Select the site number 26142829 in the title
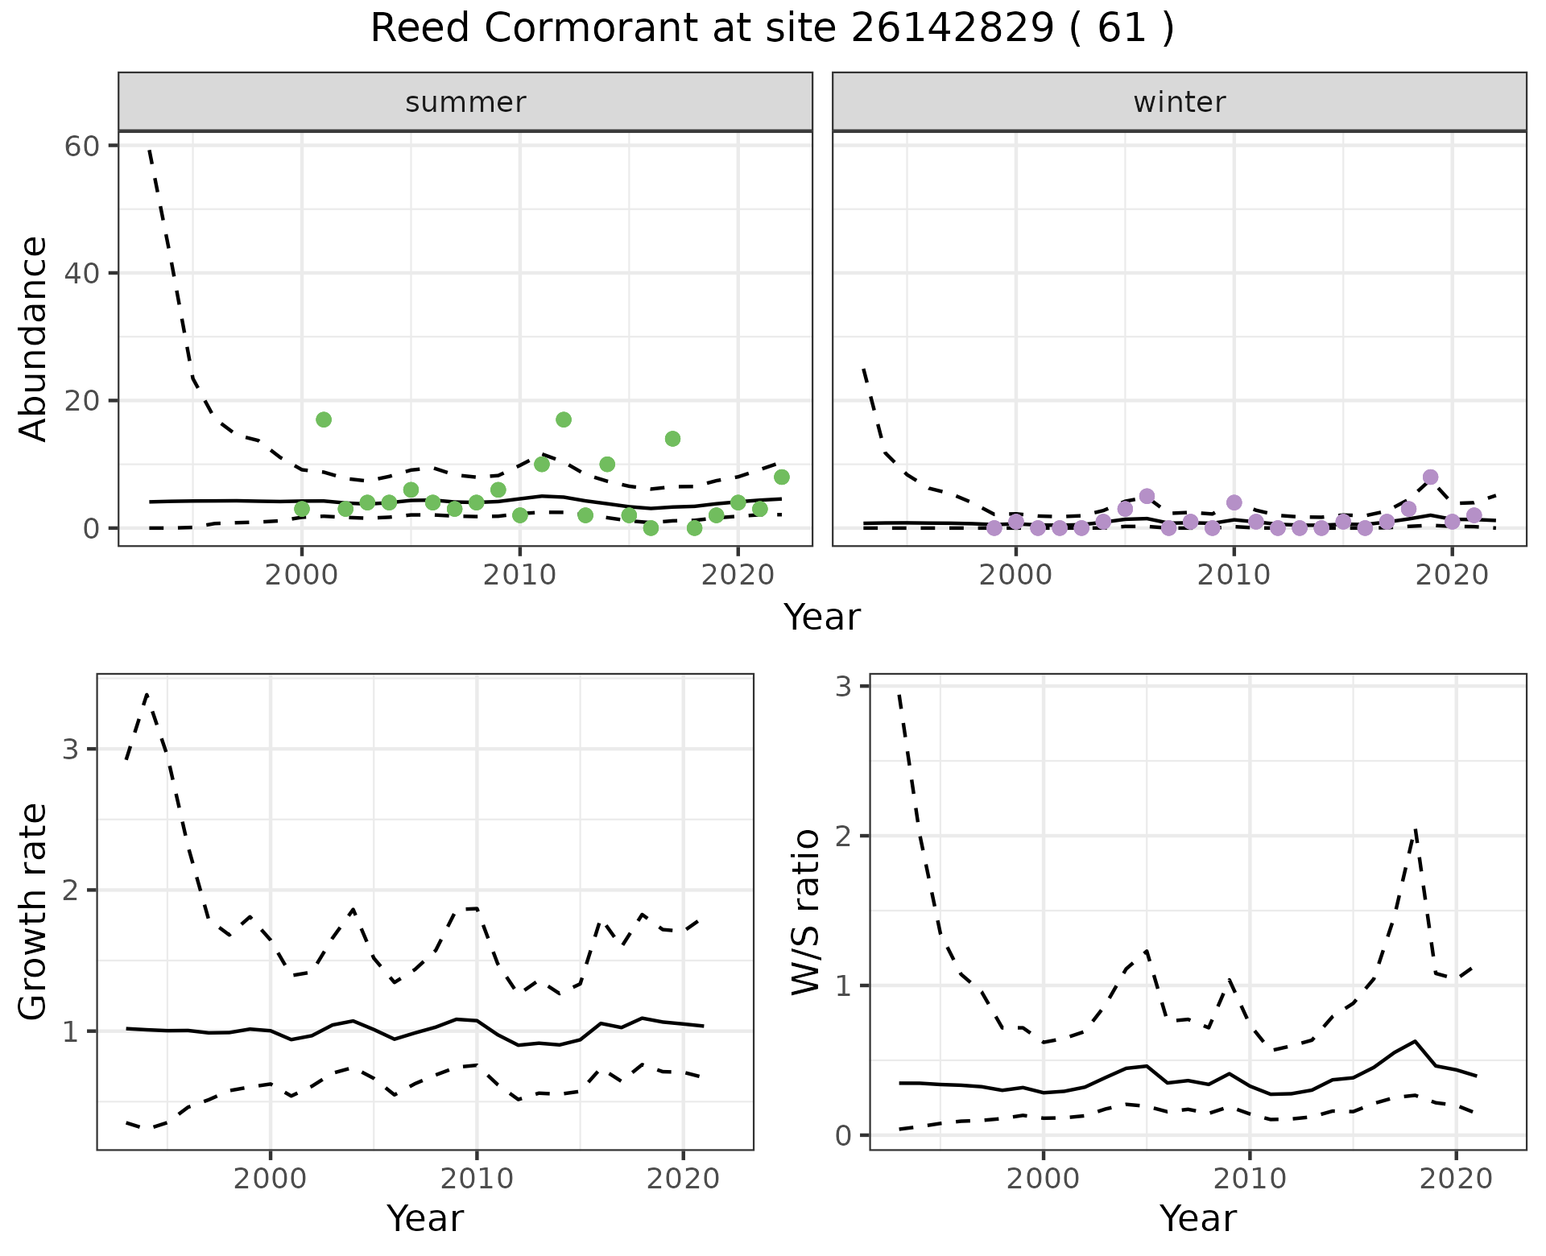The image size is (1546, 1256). pyautogui.click(x=952, y=29)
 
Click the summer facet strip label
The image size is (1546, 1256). pyautogui.click(x=465, y=102)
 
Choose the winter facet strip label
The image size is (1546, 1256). pyautogui.click(x=1179, y=102)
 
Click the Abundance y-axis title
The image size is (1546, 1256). pyautogui.click(x=34, y=338)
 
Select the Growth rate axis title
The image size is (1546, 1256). pyautogui.click(x=34, y=912)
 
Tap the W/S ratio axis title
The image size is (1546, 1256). pyautogui.click(x=806, y=912)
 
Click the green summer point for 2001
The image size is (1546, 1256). pyautogui.click(x=324, y=419)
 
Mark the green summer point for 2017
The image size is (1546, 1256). pyautogui.click(x=672, y=439)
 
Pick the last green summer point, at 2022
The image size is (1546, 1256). pyautogui.click(x=781, y=477)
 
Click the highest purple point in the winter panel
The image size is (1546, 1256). pyautogui.click(x=1430, y=477)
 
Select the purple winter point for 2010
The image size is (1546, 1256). pyautogui.click(x=1234, y=502)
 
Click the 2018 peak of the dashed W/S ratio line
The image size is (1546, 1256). pyautogui.click(x=1415, y=829)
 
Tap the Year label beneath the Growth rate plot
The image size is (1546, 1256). pyautogui.click(x=424, y=1218)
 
